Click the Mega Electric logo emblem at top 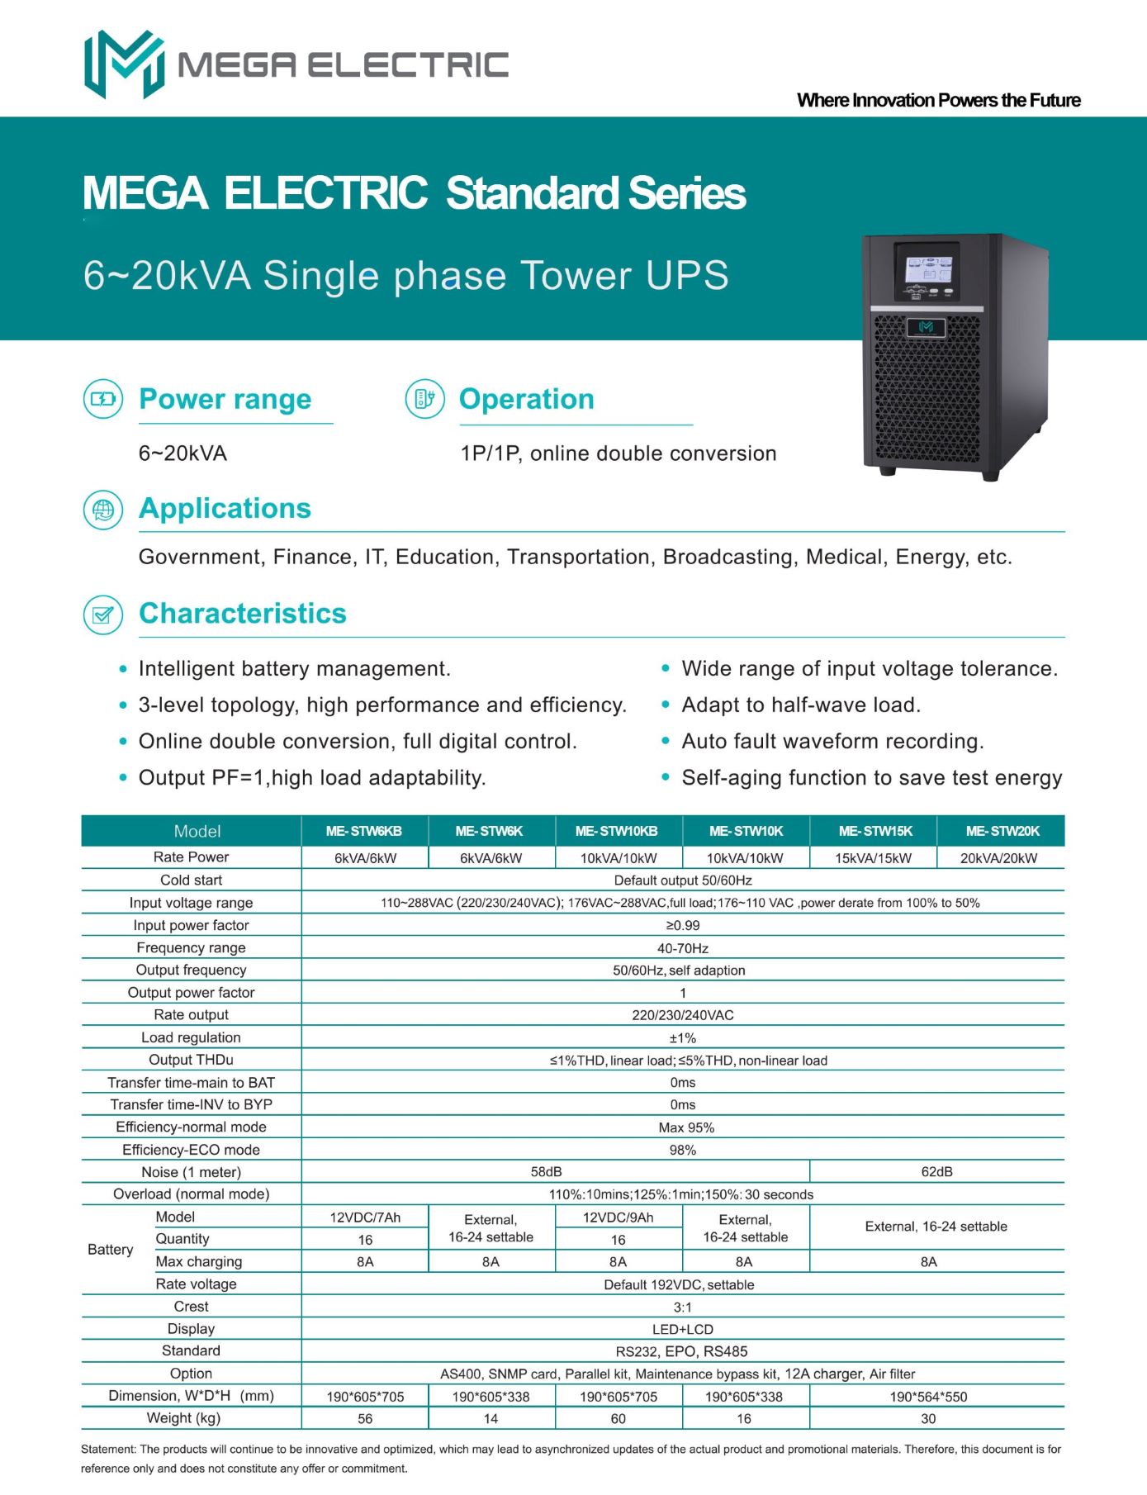pyautogui.click(x=124, y=64)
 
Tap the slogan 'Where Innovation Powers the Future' pyautogui.click(x=938, y=101)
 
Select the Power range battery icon pyautogui.click(x=103, y=399)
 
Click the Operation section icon pyautogui.click(x=424, y=399)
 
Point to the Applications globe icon pyautogui.click(x=103, y=509)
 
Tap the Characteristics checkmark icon pyautogui.click(x=103, y=615)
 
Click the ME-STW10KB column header pyautogui.click(x=617, y=831)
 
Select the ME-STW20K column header pyautogui.click(x=1002, y=831)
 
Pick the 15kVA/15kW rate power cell pyautogui.click(x=873, y=858)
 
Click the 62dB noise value pyautogui.click(x=936, y=1172)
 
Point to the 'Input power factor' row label pyautogui.click(x=191, y=925)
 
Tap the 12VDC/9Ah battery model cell pyautogui.click(x=618, y=1217)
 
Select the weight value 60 pyautogui.click(x=618, y=1418)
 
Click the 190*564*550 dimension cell pyautogui.click(x=928, y=1397)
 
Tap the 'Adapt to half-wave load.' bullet pyautogui.click(x=800, y=705)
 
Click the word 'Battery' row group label pyautogui.click(x=110, y=1250)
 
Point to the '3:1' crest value pyautogui.click(x=682, y=1307)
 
